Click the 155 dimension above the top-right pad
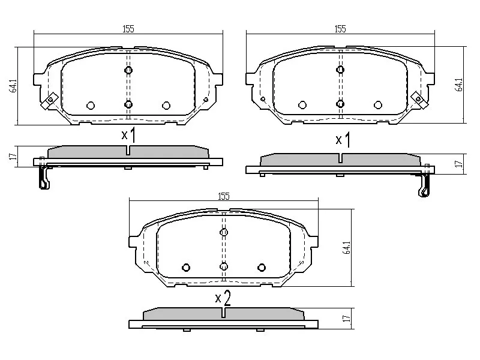[x=340, y=28]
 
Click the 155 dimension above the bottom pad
[x=223, y=196]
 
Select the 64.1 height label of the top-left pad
[x=12, y=85]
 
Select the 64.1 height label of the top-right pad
[x=459, y=85]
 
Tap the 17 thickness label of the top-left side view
[x=11, y=157]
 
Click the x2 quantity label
[x=223, y=298]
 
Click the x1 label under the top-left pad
[x=128, y=135]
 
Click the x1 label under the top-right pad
[x=343, y=140]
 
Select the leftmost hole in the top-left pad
[x=91, y=105]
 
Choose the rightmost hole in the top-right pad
[x=378, y=104]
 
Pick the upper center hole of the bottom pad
[x=224, y=232]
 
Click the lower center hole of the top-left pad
[x=128, y=104]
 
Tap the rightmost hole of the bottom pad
[x=261, y=267]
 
